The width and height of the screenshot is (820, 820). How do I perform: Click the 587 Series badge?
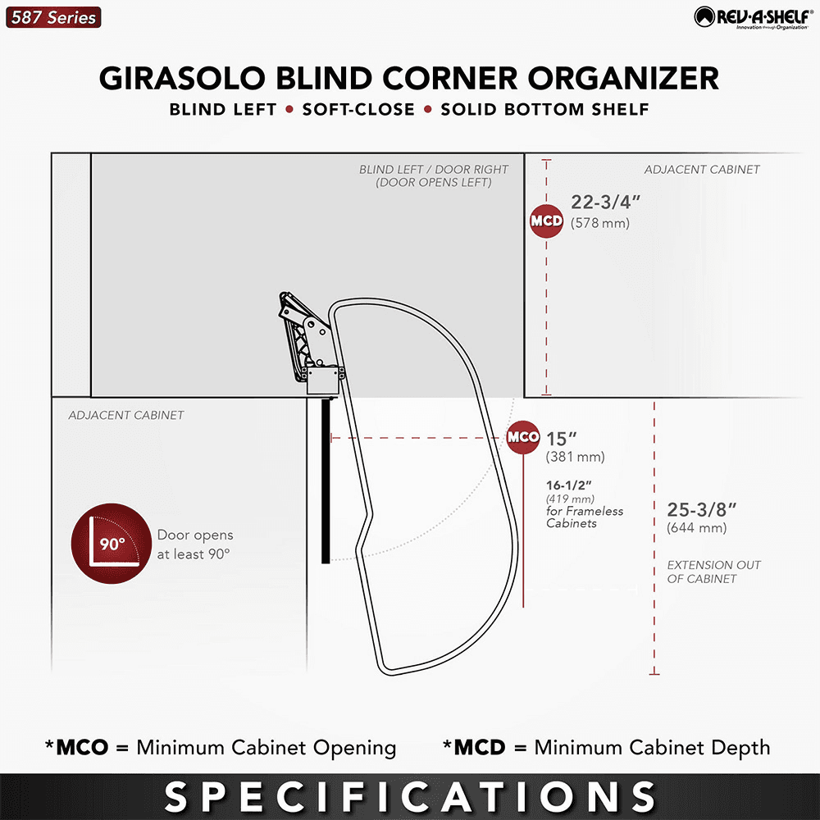coord(53,17)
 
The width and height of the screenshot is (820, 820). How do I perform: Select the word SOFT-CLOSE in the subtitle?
coord(358,110)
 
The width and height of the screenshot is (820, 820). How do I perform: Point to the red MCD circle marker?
coord(546,221)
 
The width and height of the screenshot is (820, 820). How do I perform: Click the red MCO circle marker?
coord(523,437)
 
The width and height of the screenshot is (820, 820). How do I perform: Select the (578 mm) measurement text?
coord(600,223)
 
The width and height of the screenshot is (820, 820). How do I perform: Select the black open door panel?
coord(326,480)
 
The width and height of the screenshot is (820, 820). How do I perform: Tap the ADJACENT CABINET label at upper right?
coord(702,170)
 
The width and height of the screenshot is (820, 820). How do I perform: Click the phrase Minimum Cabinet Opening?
coord(266,748)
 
